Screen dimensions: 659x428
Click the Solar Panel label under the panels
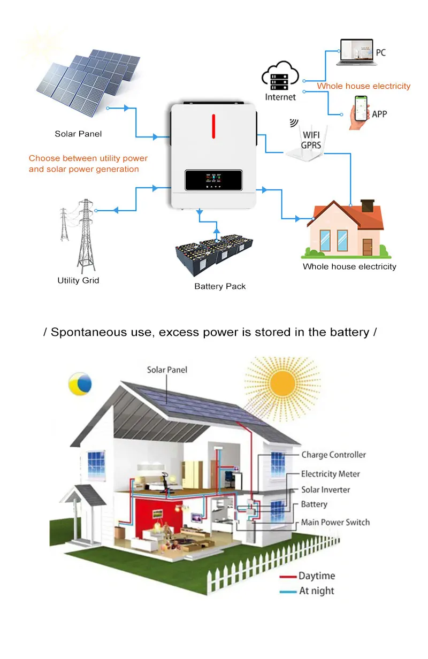78,134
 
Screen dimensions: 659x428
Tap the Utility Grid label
78,280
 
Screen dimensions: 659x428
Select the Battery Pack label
220,286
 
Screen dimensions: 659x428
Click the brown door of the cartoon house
367,246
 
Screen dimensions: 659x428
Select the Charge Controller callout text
333,455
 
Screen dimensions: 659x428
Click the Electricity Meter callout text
330,474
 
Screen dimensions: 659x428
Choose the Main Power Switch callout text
335,522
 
